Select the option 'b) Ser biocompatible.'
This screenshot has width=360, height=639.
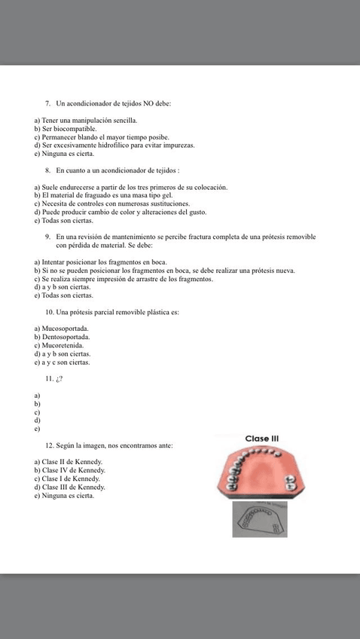click(65, 129)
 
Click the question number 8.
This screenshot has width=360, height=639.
click(48, 171)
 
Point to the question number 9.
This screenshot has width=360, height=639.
click(48, 237)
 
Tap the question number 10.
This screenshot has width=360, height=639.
click(50, 312)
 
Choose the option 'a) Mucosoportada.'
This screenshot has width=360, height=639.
click(62, 329)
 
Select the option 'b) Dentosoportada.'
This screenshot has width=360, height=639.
click(64, 338)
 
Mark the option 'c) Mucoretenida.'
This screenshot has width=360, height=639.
click(60, 346)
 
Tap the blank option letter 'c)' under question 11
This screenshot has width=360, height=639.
click(37, 412)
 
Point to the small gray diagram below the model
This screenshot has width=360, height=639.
click(259, 520)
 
